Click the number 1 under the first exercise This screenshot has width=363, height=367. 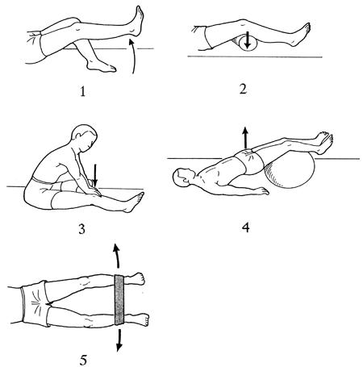(82, 92)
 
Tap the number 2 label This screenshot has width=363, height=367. (243, 90)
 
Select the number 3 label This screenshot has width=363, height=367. (81, 229)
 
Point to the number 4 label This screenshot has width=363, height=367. (245, 227)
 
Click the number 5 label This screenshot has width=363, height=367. (84, 360)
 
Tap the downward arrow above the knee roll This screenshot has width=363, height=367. (248, 40)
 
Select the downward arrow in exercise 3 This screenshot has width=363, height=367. (94, 176)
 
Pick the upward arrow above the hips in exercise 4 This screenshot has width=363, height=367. (245, 138)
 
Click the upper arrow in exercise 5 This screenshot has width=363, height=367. (117, 256)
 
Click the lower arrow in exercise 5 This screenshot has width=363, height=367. (119, 340)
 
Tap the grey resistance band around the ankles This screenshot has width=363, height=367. (119, 299)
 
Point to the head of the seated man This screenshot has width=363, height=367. (85, 136)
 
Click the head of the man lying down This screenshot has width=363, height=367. (183, 177)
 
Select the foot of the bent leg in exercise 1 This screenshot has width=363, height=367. (102, 65)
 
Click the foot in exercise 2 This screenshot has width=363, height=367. (302, 35)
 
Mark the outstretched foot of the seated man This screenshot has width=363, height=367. (134, 202)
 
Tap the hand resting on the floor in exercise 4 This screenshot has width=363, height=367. (260, 190)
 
